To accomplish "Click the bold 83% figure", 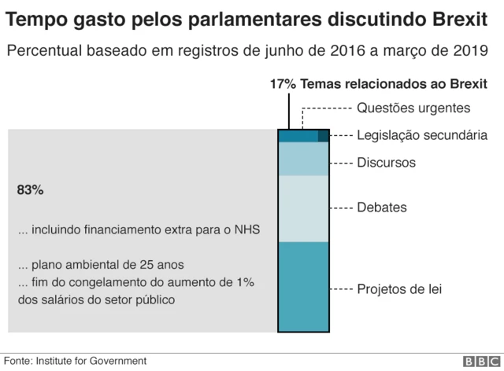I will [30, 190].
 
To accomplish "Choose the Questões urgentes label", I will [413, 108].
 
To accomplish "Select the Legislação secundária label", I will [422, 135].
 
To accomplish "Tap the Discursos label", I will [386, 163].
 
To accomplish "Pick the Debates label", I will [382, 208].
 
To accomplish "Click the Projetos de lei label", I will [399, 289].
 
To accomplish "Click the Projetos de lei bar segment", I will [304, 287].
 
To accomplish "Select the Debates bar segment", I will [304, 208].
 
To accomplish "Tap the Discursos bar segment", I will [304, 159].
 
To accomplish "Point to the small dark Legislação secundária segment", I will [323, 136].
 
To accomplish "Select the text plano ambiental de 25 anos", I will [106, 264].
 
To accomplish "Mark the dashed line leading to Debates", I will [341, 208].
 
